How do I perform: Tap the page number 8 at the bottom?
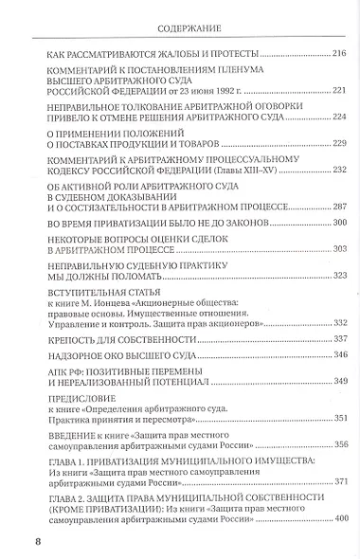pyautogui.click(x=38, y=541)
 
